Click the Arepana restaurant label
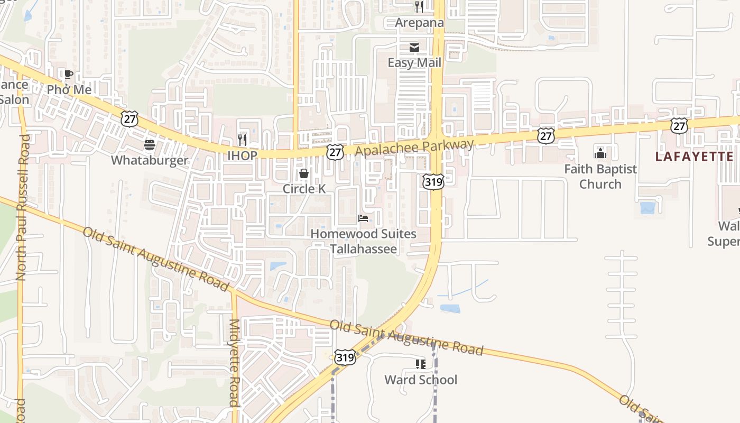[x=420, y=23]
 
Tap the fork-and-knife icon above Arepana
[x=419, y=7]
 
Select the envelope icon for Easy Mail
[x=414, y=48]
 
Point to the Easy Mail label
[x=414, y=63]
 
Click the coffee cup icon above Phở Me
[x=68, y=74]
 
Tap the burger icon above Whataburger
[x=150, y=145]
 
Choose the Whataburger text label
[x=150, y=160]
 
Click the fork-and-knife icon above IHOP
[x=242, y=140]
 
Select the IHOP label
[x=242, y=155]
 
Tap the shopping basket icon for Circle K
[x=304, y=173]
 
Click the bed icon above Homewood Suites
[x=363, y=218]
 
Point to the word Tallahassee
[x=364, y=249]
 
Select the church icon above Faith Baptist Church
[x=600, y=153]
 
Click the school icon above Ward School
[x=421, y=364]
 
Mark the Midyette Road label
[x=234, y=362]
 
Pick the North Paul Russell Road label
[x=22, y=207]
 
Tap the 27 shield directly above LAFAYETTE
[x=679, y=126]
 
